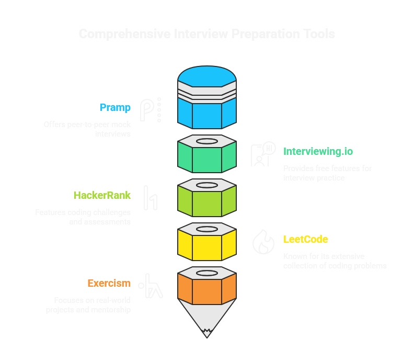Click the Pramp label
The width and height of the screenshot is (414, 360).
click(115, 108)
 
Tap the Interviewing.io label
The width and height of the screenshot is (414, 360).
click(318, 152)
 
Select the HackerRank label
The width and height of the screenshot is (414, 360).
click(102, 195)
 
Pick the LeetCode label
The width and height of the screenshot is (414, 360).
click(306, 239)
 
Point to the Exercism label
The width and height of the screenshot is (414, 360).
click(109, 284)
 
